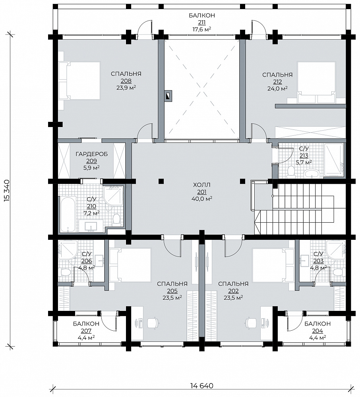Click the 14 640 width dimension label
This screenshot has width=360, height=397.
coord(201,385)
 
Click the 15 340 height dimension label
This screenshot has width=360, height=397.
coord(7,191)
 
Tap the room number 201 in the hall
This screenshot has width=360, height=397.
coord(202,192)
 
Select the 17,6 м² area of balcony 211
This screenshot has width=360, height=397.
coord(202,29)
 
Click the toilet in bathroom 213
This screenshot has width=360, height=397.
coord(290,172)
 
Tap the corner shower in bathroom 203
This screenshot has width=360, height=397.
coord(336,249)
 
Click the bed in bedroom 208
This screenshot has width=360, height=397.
coord(79,81)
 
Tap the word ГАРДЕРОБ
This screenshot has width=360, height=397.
coord(91,154)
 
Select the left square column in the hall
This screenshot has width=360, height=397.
coord(161,181)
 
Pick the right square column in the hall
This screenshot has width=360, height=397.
coord(242,181)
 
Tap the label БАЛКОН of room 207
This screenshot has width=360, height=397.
coord(86,324)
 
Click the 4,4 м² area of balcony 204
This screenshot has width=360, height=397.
coord(317,337)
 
